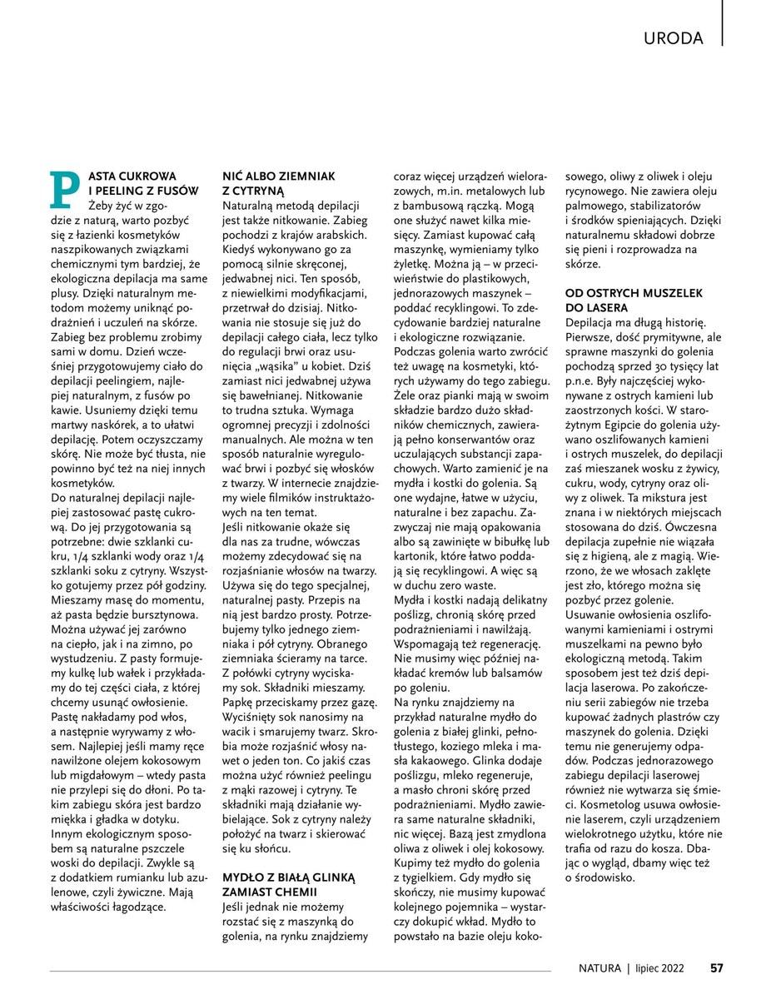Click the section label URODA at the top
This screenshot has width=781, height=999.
pyautogui.click(x=674, y=37)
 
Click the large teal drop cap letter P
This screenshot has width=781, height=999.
pyautogui.click(x=65, y=190)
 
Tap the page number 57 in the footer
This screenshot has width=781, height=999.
pyautogui.click(x=716, y=967)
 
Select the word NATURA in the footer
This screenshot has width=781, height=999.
pyautogui.click(x=599, y=967)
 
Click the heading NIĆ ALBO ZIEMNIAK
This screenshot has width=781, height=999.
pyautogui.click(x=278, y=176)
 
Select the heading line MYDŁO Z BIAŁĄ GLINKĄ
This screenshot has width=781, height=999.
pyautogui.click(x=288, y=877)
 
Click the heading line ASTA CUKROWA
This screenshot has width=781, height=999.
pyautogui.click(x=133, y=176)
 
